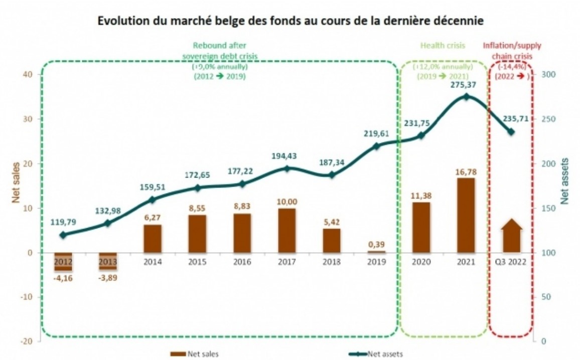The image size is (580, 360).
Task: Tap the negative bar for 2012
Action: coord(63,261)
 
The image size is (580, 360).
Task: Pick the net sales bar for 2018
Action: coord(332,241)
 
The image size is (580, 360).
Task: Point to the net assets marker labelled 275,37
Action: coord(466,96)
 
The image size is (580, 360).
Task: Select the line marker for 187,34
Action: coord(332,175)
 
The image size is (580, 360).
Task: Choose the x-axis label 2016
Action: coord(242,262)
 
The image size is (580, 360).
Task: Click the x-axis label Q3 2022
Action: coord(511,262)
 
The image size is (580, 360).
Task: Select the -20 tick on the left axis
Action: coord(26,341)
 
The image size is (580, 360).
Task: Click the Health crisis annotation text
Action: coord(443,46)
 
